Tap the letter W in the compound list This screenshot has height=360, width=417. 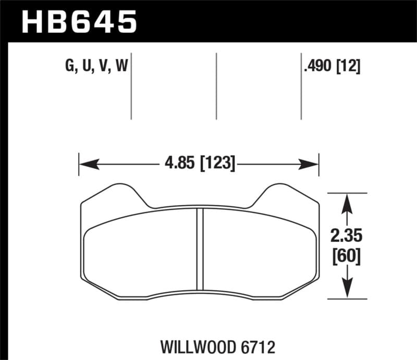[122, 67]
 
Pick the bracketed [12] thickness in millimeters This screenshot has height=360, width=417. [349, 67]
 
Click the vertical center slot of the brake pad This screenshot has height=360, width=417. [199, 249]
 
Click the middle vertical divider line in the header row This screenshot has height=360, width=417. [216, 86]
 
